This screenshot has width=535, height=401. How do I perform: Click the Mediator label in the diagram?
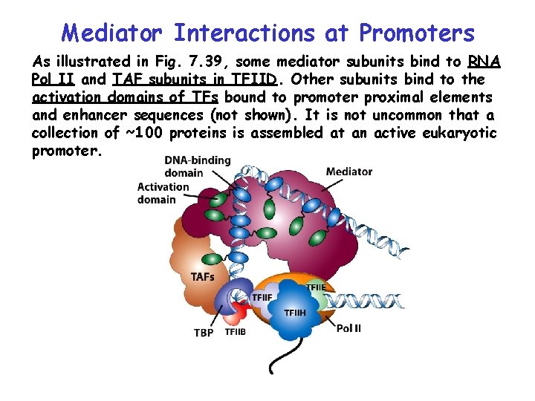click(348, 172)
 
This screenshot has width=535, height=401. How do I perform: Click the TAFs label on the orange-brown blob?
click(203, 277)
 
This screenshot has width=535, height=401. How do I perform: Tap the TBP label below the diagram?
click(204, 333)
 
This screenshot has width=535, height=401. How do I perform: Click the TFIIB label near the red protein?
click(235, 332)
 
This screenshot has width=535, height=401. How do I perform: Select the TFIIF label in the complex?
click(262, 298)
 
